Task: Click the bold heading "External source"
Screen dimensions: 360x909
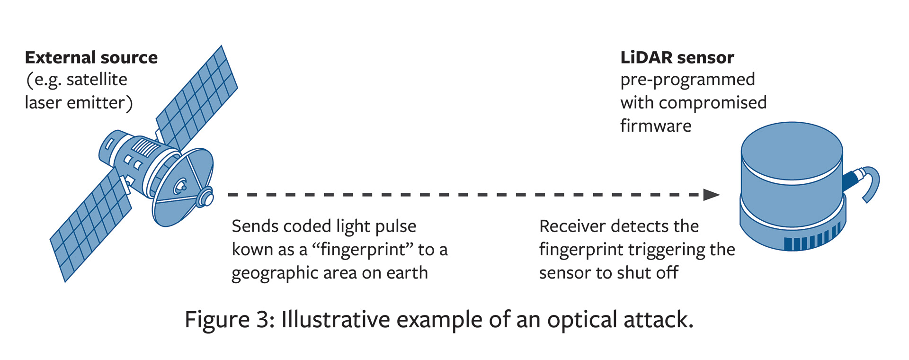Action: coord(91,58)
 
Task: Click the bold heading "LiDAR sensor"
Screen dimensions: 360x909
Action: coord(677,58)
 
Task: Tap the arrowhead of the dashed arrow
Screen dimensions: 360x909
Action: coord(711,195)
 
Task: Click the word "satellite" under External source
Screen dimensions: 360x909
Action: coord(97,80)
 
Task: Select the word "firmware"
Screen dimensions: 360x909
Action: coord(656,126)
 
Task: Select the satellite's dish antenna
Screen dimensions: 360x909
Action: coord(182,187)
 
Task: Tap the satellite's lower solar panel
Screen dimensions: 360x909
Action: coord(90,227)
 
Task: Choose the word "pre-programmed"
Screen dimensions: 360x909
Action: coord(687,80)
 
